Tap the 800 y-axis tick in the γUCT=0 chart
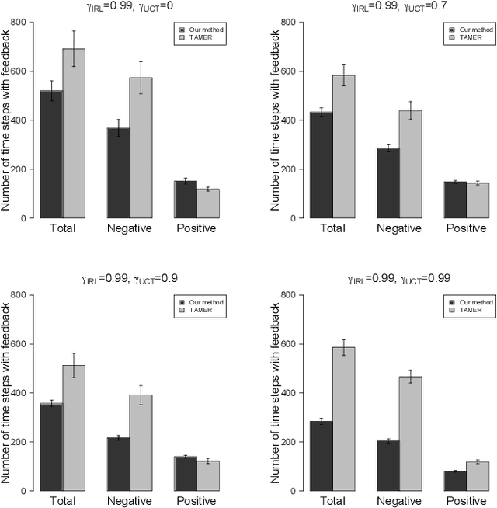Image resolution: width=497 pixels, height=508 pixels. (19, 23)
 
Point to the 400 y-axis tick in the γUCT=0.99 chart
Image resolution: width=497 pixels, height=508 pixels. (287, 393)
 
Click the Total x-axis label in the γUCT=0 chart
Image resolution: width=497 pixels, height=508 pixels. (63, 228)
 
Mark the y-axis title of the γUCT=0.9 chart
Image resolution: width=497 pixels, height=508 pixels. (7, 392)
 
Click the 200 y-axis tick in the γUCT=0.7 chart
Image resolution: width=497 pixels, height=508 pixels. (287, 169)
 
